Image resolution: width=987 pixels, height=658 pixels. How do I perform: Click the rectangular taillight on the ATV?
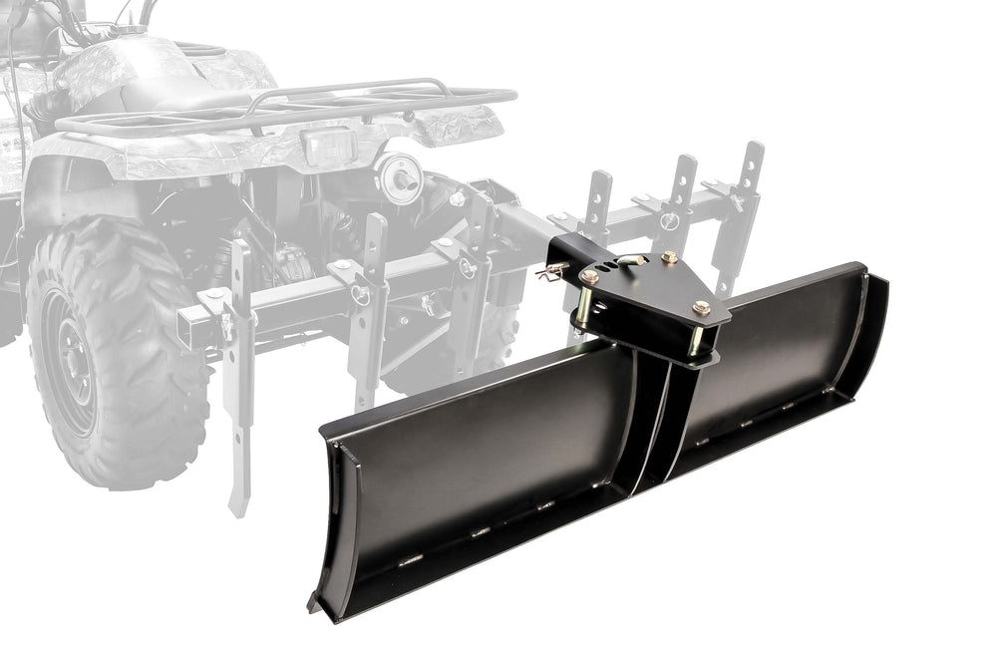[x=329, y=147]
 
